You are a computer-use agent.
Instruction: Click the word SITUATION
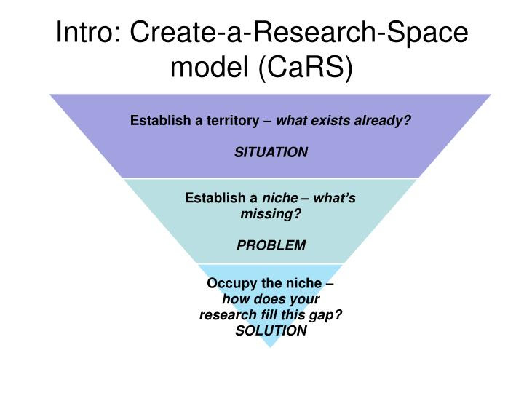[271, 152]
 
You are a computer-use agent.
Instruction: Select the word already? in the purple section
[383, 120]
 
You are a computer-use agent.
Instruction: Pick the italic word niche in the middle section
[280, 198]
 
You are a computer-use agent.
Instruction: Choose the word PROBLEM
[271, 245]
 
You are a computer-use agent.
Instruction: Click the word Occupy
[229, 283]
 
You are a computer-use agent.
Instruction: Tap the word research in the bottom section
[225, 314]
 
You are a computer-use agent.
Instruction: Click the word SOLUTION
[271, 330]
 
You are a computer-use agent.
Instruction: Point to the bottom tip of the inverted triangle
[271, 346]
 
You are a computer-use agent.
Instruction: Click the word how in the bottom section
[234, 299]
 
